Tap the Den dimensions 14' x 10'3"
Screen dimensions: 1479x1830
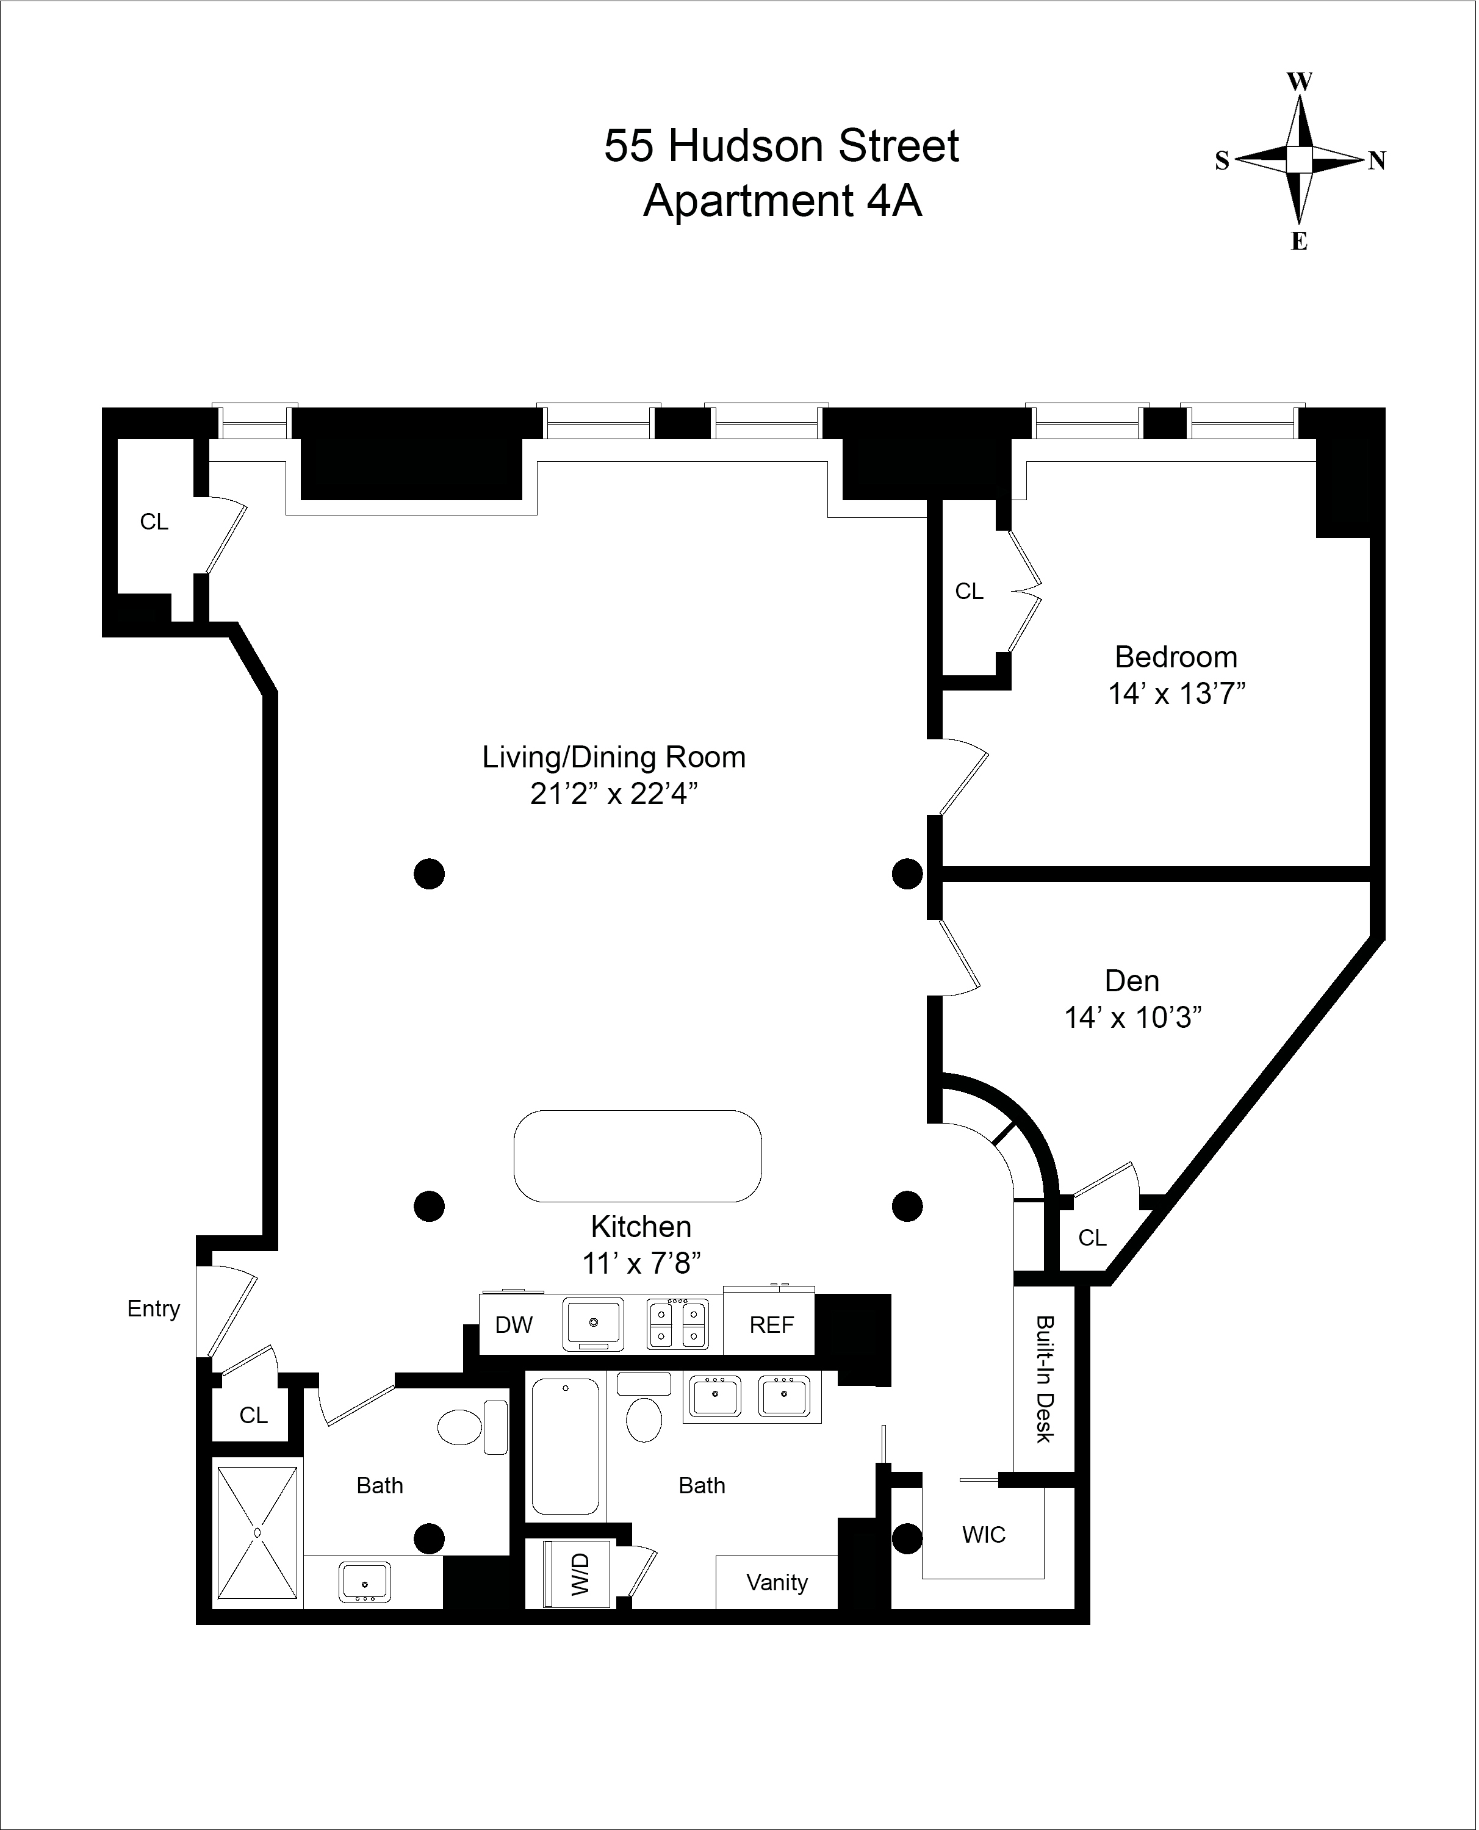(x=1134, y=1017)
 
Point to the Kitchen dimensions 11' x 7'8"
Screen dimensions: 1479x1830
(x=641, y=1264)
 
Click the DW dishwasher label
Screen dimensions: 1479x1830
(x=514, y=1325)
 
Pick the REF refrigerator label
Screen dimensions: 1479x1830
(x=772, y=1325)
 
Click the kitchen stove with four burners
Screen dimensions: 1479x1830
(x=677, y=1325)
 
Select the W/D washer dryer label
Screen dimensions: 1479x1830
(x=579, y=1574)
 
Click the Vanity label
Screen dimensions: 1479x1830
(x=777, y=1582)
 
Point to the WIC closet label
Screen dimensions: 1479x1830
(x=984, y=1535)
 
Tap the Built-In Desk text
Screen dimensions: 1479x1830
(x=1045, y=1380)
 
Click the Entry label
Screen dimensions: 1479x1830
(x=153, y=1309)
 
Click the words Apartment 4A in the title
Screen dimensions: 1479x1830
(x=783, y=201)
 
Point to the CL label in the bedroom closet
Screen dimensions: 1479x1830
(x=970, y=591)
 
